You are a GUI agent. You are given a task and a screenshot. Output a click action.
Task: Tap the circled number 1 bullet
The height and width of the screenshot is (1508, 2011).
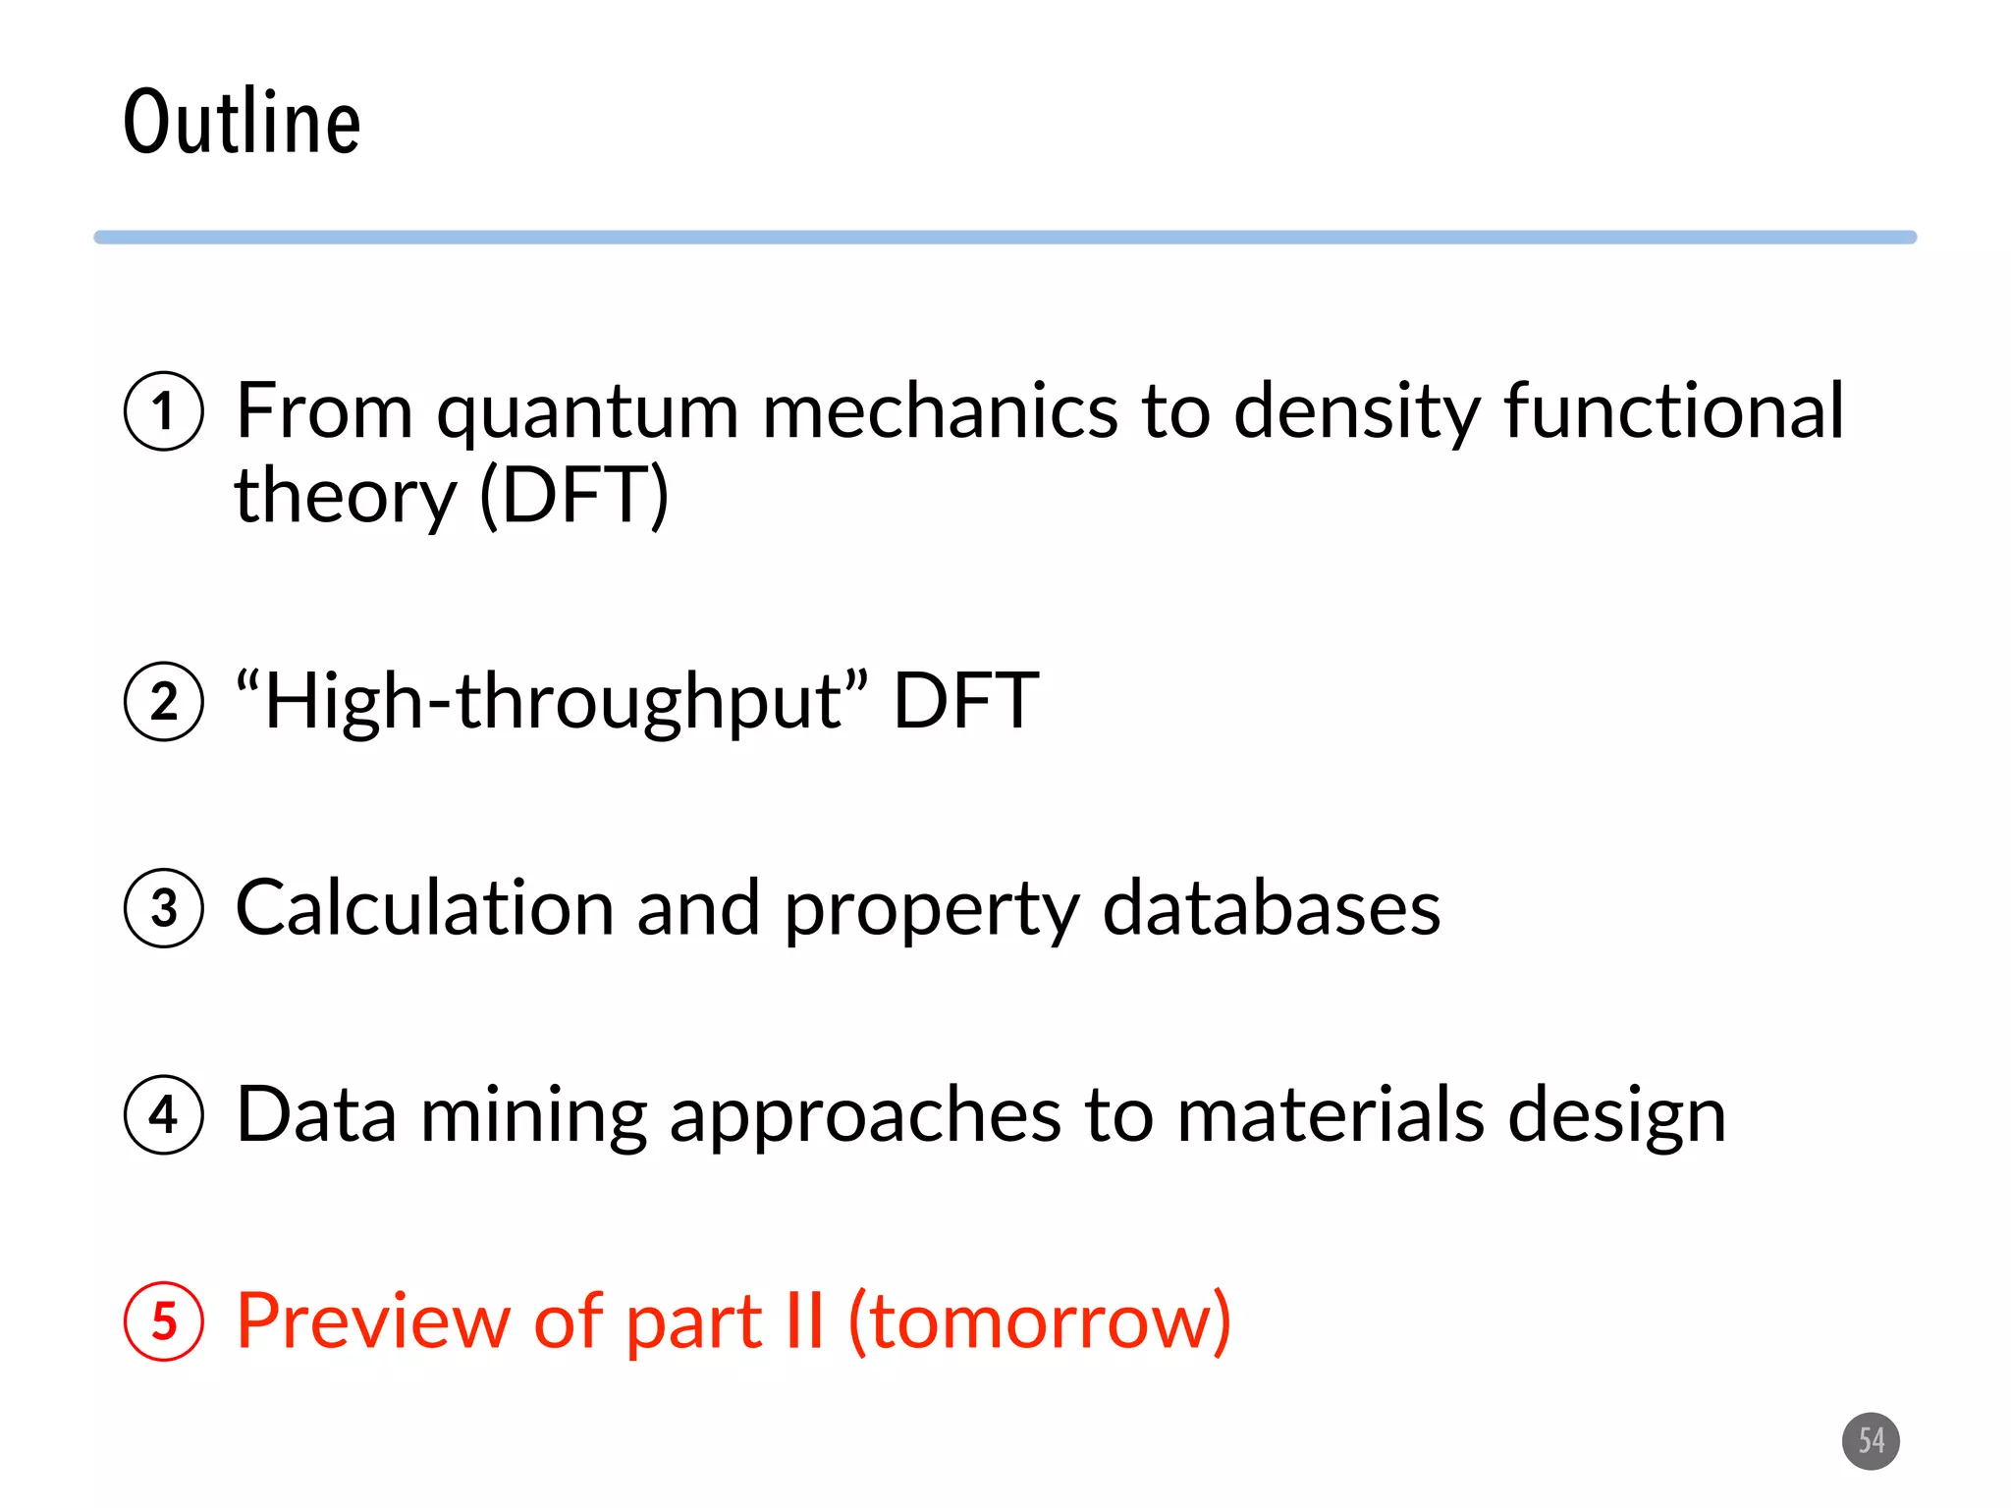tap(164, 411)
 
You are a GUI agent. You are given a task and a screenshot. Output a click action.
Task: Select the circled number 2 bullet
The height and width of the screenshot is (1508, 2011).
tap(164, 701)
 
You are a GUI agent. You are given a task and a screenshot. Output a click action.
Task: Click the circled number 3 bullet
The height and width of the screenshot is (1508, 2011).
tap(164, 907)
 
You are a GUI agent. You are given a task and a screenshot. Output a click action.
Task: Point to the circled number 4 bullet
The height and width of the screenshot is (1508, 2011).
tap(164, 1114)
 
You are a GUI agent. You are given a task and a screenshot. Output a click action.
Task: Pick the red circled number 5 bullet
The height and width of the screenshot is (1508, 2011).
tap(164, 1320)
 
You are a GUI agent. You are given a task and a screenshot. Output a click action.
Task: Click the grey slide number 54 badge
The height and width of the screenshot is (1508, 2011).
tap(1871, 1440)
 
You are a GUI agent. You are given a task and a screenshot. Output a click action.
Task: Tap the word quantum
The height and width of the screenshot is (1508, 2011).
tap(587, 412)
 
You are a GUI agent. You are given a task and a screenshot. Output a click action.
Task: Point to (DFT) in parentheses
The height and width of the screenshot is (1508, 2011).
tap(574, 496)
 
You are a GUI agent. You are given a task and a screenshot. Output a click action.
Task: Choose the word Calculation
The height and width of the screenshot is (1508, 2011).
tap(424, 907)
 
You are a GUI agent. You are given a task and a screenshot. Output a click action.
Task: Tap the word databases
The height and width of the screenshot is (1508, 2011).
tap(1271, 907)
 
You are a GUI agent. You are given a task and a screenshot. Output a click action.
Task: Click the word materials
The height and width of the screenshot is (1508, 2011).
tap(1330, 1114)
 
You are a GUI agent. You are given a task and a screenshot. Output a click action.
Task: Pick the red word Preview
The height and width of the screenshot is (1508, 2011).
tap(373, 1320)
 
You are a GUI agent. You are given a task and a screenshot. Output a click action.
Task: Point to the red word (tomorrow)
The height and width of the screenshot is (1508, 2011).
tap(1039, 1322)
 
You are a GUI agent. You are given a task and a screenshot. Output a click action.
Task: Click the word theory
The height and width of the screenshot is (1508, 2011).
tap(345, 498)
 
